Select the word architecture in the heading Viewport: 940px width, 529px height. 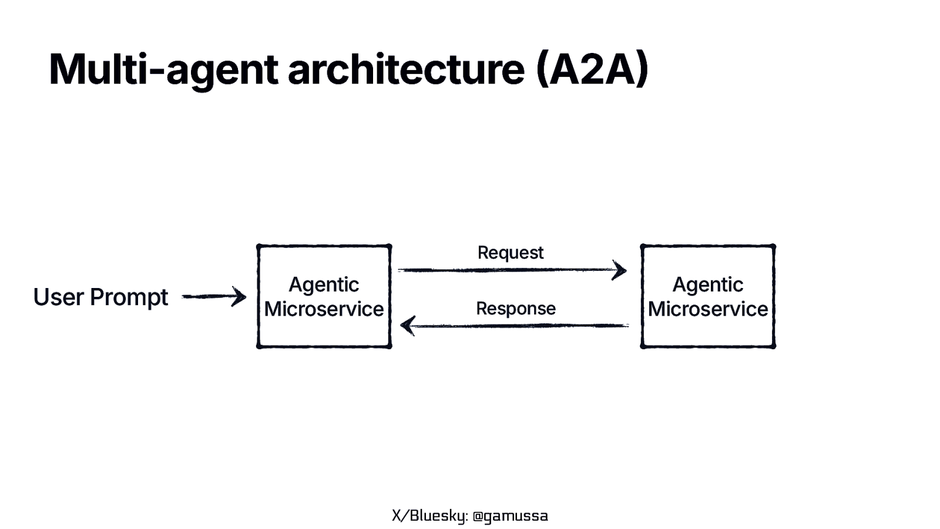click(x=405, y=70)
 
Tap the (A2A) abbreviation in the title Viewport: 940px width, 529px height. click(x=592, y=70)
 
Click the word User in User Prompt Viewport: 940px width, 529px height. click(x=58, y=297)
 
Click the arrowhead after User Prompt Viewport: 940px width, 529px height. click(x=240, y=297)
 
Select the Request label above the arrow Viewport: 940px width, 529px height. click(x=510, y=253)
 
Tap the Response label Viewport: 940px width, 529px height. click(x=515, y=308)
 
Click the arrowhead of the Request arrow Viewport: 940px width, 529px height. click(x=620, y=270)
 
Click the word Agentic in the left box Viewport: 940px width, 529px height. click(x=324, y=284)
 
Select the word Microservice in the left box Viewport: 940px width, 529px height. click(x=324, y=309)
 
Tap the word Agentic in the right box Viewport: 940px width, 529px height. click(x=707, y=284)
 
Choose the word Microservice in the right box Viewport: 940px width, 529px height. click(x=707, y=309)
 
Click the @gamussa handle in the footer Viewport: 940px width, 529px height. click(x=510, y=516)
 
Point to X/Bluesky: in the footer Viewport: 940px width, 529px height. click(x=429, y=516)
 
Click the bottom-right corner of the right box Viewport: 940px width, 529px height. click(x=773, y=346)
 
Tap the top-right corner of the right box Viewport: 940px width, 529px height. click(x=773, y=246)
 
